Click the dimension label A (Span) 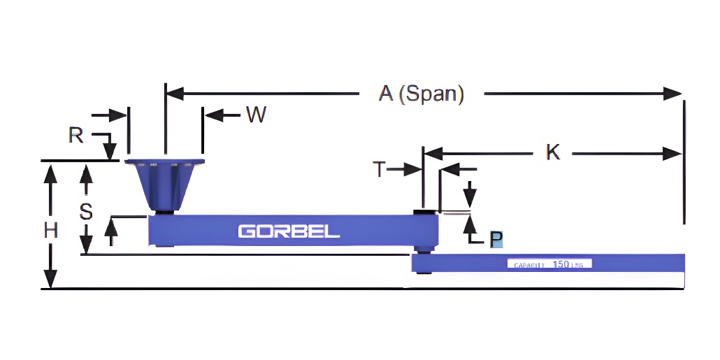click(422, 94)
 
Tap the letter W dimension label click(256, 115)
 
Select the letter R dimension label click(76, 135)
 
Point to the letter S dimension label click(86, 212)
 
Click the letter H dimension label click(50, 230)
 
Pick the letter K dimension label click(553, 152)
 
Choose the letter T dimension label click(379, 169)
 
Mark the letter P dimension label click(496, 240)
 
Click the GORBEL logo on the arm click(289, 231)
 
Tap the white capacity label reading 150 click(549, 264)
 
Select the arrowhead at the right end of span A click(673, 94)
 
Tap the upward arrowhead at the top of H click(50, 172)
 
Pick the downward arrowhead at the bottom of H click(50, 280)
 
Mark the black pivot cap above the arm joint click(424, 212)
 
